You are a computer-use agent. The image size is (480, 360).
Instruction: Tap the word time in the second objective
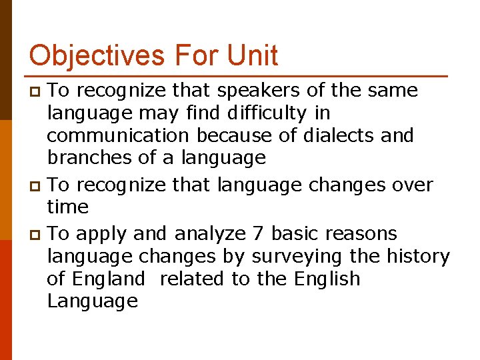[x=67, y=207]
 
